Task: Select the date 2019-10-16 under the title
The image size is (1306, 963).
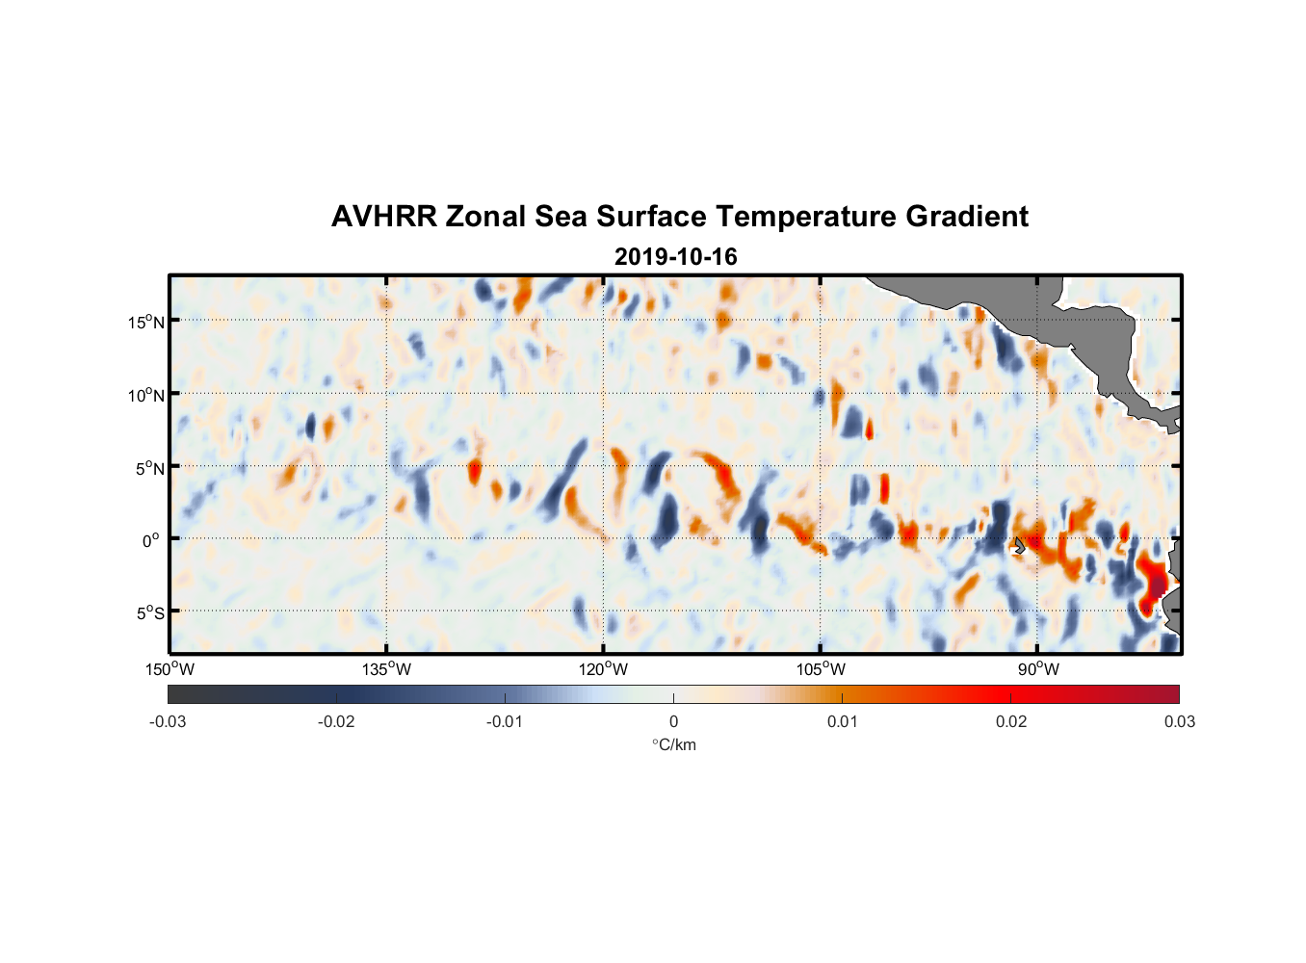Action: pos(675,257)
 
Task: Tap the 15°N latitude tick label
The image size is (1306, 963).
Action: pos(146,322)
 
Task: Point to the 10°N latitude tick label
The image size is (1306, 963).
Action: pos(146,395)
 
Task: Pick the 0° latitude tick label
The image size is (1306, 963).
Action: pos(151,540)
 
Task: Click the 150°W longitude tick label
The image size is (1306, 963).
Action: pos(170,669)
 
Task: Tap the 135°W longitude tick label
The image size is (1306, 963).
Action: pos(386,669)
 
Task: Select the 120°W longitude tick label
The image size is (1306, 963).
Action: pos(603,669)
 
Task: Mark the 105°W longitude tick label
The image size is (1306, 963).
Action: pos(821,669)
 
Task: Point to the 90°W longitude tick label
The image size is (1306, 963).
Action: pos(1038,669)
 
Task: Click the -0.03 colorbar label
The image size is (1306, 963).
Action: pos(168,722)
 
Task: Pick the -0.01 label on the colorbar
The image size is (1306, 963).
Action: pos(504,722)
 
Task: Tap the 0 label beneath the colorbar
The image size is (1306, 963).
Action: pos(673,722)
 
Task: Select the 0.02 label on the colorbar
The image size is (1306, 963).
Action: pos(1011,722)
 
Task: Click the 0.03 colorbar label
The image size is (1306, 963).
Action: pos(1179,722)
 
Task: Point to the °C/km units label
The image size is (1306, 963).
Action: pos(673,744)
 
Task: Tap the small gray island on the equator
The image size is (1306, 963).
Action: pos(1019,545)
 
